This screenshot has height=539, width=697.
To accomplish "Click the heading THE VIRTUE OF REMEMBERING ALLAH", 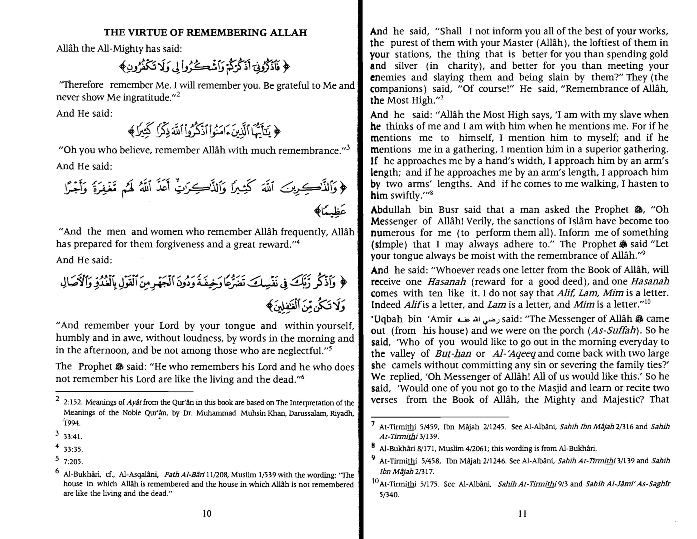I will (x=205, y=33).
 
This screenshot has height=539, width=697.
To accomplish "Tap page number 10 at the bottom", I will (x=207, y=514).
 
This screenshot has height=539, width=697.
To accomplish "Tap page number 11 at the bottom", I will (x=523, y=514).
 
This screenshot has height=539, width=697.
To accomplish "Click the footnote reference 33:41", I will (x=73, y=437).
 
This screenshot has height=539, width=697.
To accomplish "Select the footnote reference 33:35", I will (x=73, y=449).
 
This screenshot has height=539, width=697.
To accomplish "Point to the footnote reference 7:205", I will (x=73, y=461).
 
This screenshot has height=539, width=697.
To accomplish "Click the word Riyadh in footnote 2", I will (x=342, y=413).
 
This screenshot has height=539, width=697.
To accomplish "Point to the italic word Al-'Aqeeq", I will (x=514, y=353).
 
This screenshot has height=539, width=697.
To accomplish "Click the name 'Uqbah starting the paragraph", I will (x=386, y=319).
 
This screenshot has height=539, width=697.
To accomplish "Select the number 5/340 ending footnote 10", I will (x=389, y=495).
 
